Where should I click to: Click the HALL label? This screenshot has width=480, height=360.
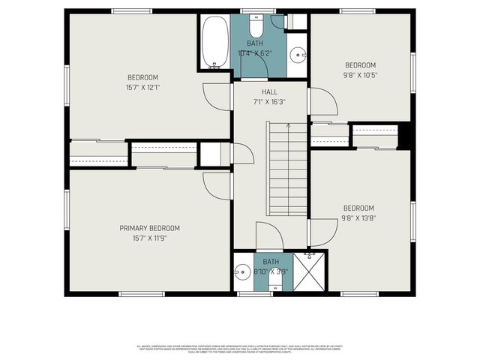[x=269, y=91]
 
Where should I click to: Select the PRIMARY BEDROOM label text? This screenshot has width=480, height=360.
[x=149, y=228]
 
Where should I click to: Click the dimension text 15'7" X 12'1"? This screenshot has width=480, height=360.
[x=142, y=87]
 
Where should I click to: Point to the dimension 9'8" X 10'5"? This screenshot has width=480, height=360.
[x=360, y=75]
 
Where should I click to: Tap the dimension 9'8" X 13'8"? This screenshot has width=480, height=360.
[x=359, y=218]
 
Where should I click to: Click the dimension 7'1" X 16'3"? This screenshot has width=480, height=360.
[x=269, y=101]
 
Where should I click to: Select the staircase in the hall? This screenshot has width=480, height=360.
[x=287, y=169]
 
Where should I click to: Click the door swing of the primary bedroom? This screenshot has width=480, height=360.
[x=217, y=185]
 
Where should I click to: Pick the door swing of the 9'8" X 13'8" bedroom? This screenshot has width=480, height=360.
[x=319, y=232]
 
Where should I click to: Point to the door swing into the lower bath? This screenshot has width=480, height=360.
[x=269, y=236]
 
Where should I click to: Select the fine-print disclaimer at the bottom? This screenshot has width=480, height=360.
[x=240, y=348]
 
